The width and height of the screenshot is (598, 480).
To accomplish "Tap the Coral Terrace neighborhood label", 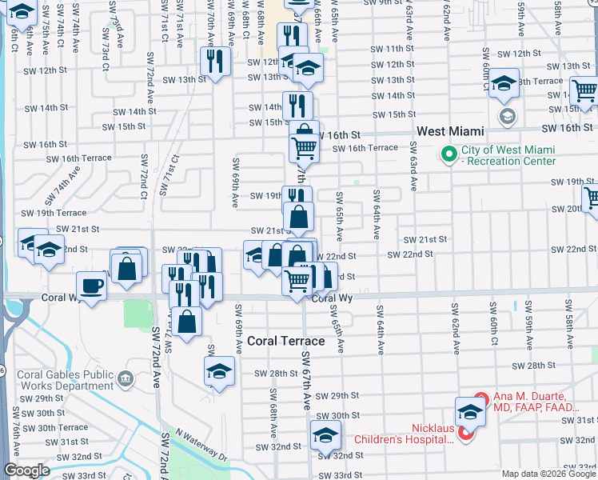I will pos(285,341).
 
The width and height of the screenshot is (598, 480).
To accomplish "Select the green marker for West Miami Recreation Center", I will pos(448,153).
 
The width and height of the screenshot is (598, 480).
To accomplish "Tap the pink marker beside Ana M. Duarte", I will pos(480,398).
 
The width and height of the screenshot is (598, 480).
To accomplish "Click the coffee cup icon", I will pos(91,286).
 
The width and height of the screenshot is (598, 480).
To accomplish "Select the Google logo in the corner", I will pos(26,470).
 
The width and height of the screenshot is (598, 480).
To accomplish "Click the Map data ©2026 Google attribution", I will pos(548,473).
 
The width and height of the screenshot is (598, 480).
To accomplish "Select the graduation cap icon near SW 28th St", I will pos(219,371).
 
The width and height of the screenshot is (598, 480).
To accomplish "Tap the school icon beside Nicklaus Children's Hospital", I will pos(470,413).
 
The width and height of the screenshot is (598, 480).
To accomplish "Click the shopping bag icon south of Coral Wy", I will pos(186,322).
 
